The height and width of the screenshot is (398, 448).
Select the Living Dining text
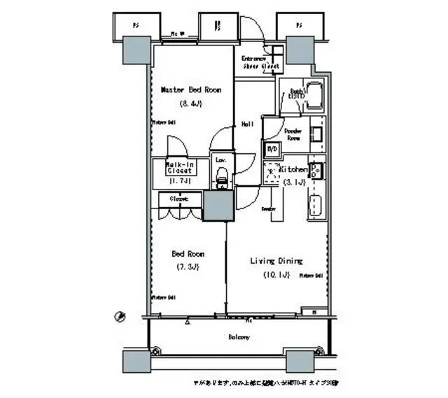276,261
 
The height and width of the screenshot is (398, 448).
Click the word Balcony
239,336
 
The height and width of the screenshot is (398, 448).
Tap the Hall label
247,124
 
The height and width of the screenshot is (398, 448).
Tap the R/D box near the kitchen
272,149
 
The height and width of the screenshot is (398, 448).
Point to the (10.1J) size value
276,274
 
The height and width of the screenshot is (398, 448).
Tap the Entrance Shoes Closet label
260,62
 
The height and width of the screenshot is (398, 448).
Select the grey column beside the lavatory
218,206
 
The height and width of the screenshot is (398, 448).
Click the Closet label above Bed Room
179,199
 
